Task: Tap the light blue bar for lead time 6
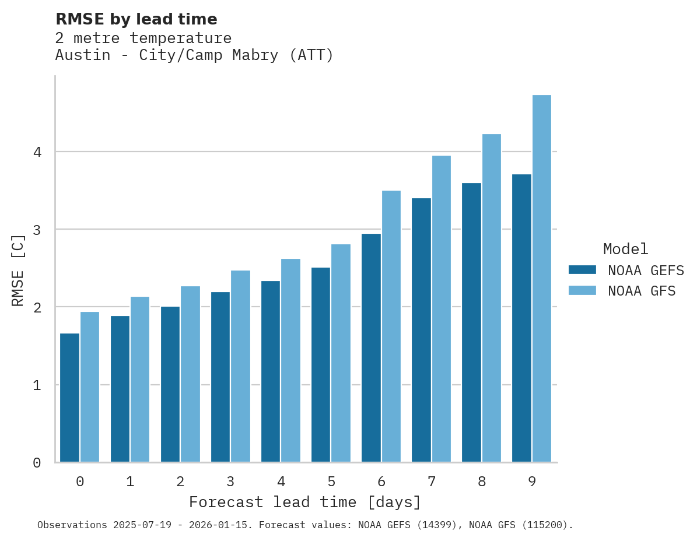[x=391, y=326]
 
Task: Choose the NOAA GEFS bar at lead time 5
[x=321, y=365]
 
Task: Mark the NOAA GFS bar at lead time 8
[x=492, y=298]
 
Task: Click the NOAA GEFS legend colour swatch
[x=582, y=270]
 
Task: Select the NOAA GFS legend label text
[x=642, y=291]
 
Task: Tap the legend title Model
[x=625, y=249]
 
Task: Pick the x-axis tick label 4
[x=281, y=482]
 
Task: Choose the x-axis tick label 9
[x=531, y=482]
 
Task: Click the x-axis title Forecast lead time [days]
[x=304, y=502]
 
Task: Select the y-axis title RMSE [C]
[x=18, y=270]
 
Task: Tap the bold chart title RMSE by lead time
[x=136, y=19]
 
